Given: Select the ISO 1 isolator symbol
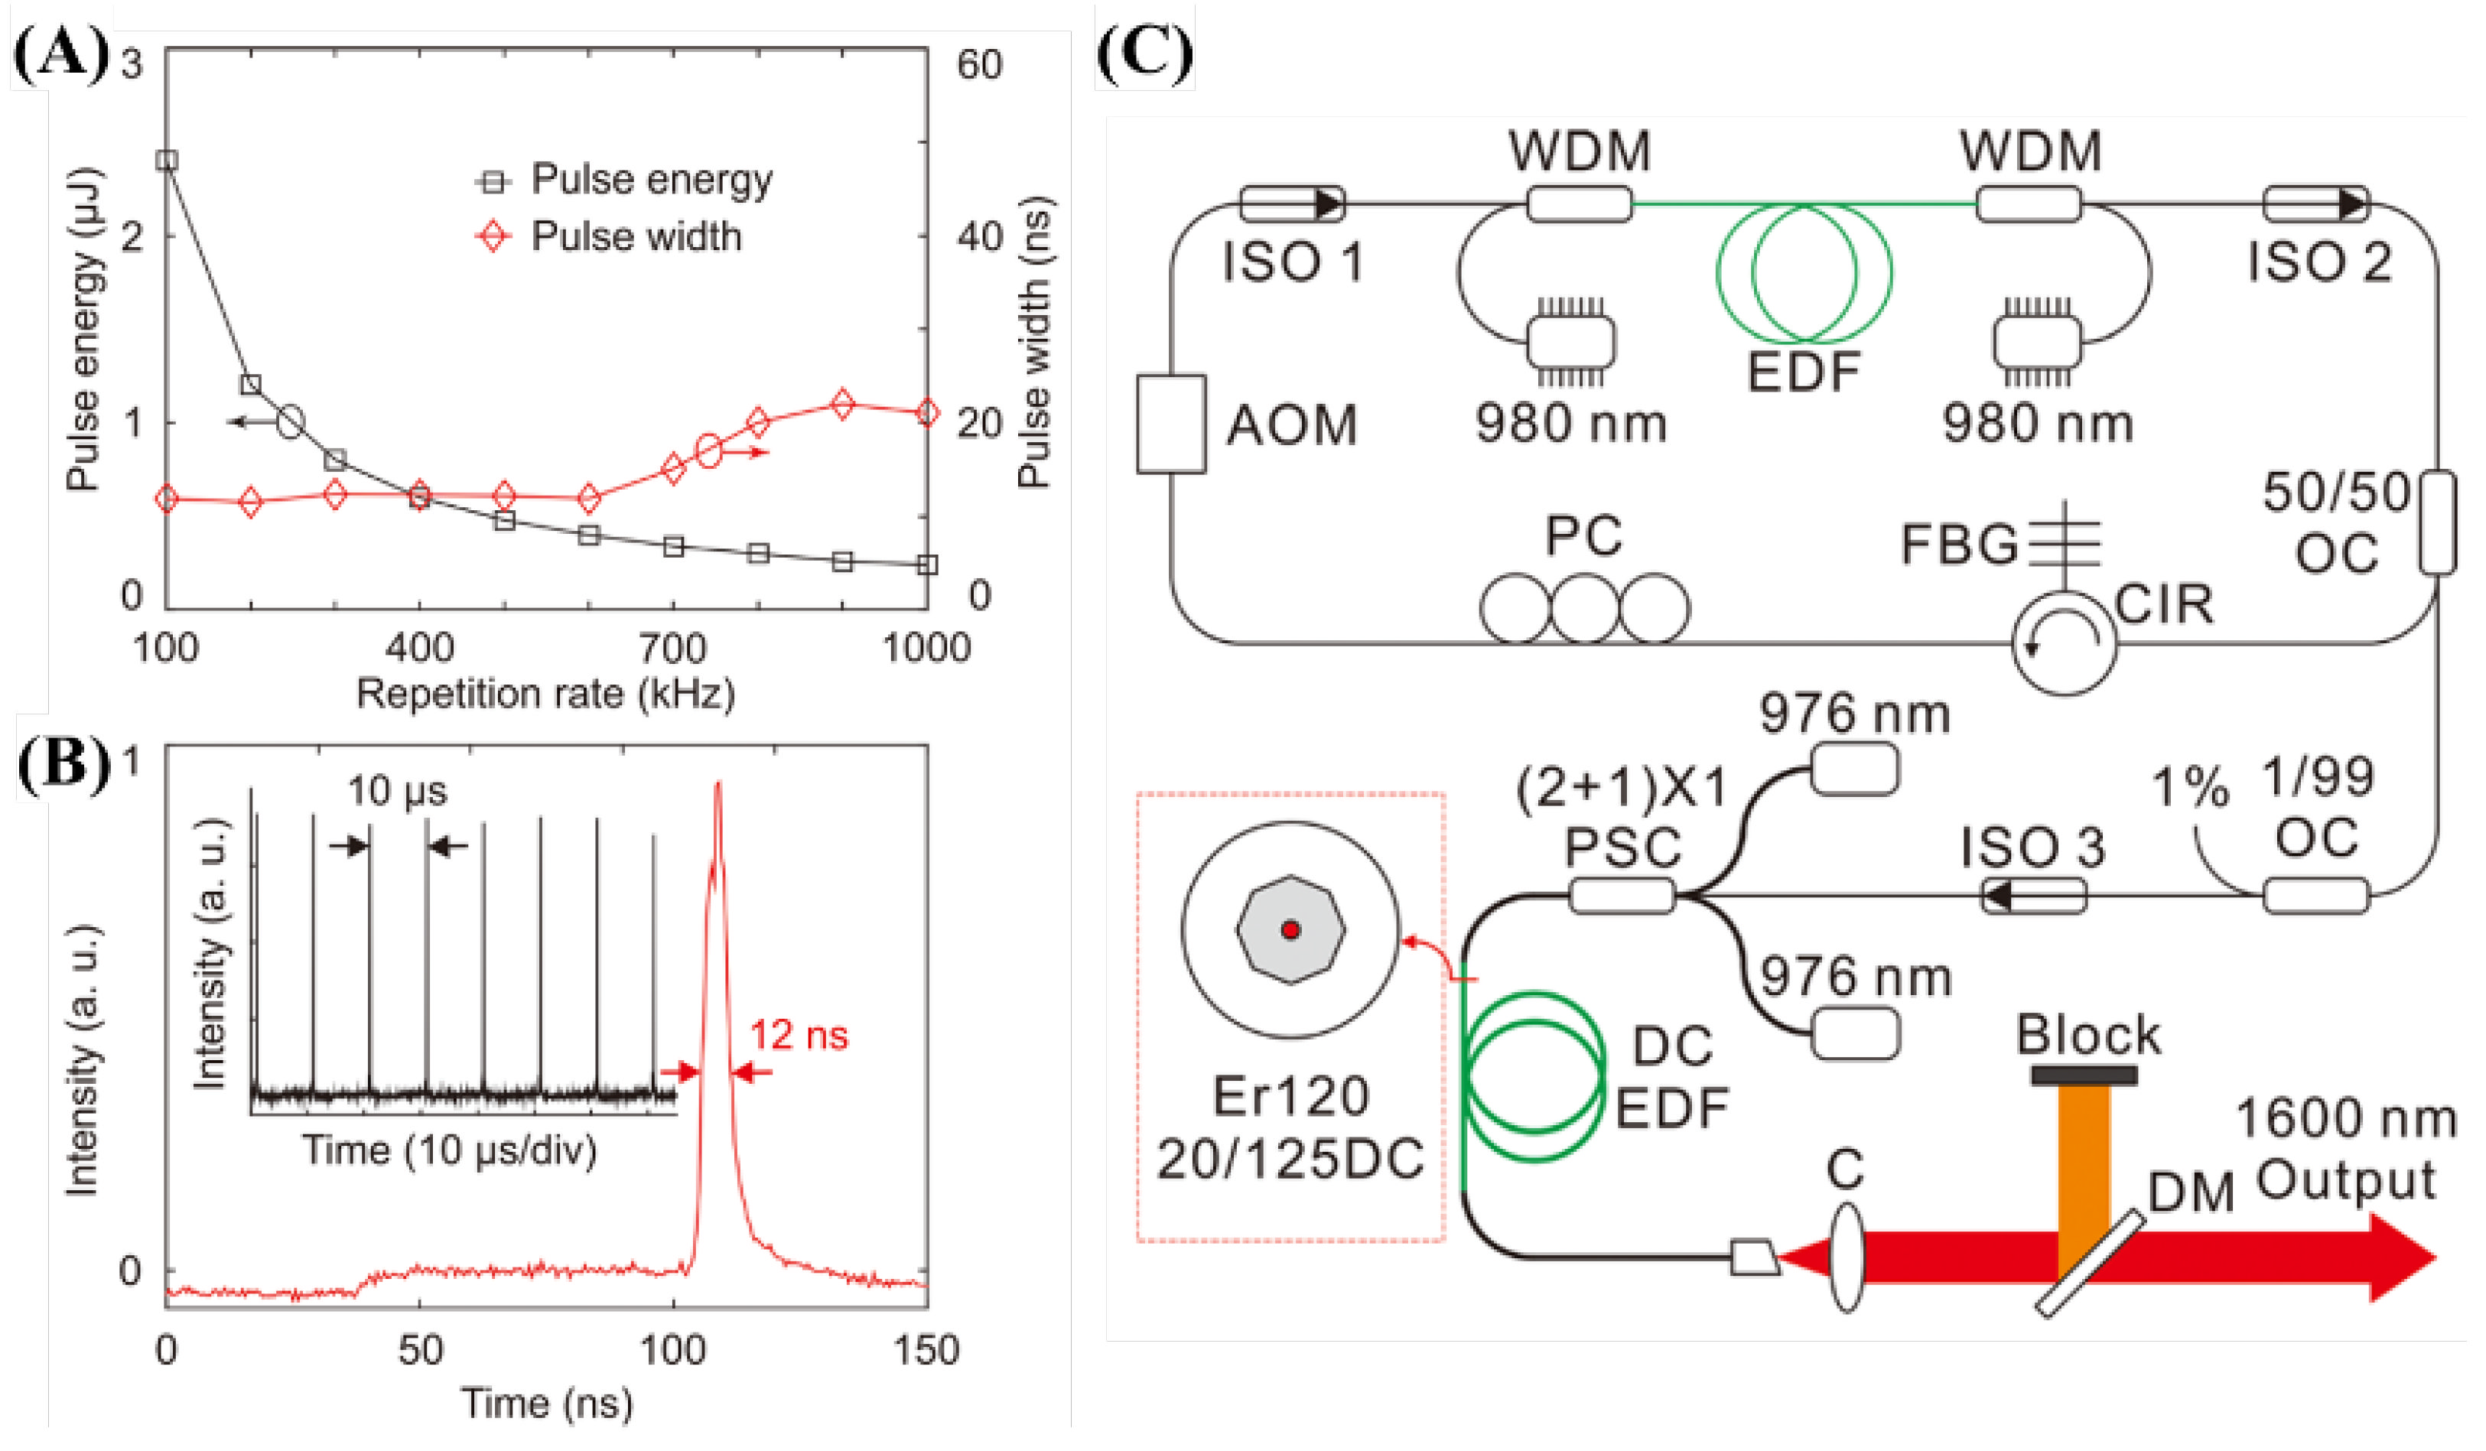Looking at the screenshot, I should (1291, 204).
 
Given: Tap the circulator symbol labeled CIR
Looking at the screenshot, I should (2064, 643).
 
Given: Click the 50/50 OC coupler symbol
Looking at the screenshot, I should (2437, 522).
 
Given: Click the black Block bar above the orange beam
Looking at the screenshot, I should (2084, 1074).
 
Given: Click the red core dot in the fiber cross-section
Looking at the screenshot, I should (1290, 929).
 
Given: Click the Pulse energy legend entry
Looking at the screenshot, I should (651, 180).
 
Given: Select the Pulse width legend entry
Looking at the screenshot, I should (636, 237).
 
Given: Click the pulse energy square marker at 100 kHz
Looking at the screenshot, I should (168, 160).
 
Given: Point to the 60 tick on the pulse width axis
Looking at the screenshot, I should (978, 64).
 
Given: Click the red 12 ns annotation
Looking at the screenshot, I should (798, 1035).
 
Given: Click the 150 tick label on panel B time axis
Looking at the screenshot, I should (926, 1349).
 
